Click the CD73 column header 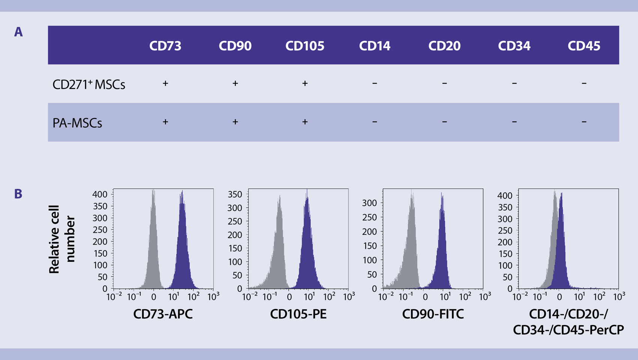click(x=165, y=46)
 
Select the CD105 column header click(x=305, y=46)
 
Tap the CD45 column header click(x=584, y=46)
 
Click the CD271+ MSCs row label click(x=89, y=84)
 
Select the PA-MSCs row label click(x=77, y=123)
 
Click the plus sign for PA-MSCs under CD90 click(x=235, y=122)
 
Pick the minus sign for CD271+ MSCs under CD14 click(x=375, y=83)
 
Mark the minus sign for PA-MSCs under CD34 click(x=514, y=122)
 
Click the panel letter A click(x=18, y=32)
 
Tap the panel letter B click(x=18, y=194)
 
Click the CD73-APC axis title click(x=163, y=314)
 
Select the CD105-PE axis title click(x=298, y=314)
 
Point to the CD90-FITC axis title click(x=433, y=314)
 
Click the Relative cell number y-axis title click(x=62, y=239)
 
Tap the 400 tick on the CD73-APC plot click(x=100, y=194)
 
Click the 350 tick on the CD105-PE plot click(x=235, y=194)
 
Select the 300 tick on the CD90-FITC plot click(x=369, y=203)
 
